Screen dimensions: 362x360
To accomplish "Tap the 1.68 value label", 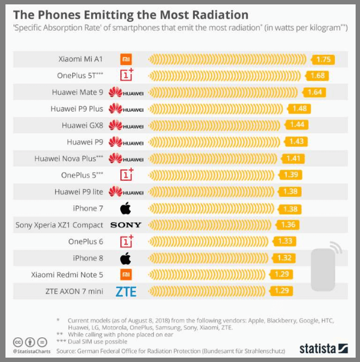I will (x=317, y=76).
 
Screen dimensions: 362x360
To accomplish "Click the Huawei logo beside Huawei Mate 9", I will (x=126, y=93).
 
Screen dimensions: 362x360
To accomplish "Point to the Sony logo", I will (x=126, y=225).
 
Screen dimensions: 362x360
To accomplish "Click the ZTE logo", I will (x=126, y=291).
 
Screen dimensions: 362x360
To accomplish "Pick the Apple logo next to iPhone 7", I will (x=126, y=208).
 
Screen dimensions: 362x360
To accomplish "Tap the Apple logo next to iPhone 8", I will (x=126, y=258).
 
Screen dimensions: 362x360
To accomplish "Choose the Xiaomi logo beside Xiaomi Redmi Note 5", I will (x=126, y=274).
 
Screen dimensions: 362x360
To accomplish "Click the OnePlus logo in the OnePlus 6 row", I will (x=126, y=241).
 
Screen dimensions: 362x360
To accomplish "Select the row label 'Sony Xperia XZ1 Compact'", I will (x=59, y=225).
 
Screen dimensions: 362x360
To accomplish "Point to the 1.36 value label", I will (x=288, y=225).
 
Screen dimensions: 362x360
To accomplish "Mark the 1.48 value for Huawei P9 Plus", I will (x=299, y=109).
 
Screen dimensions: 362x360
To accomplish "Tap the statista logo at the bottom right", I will (x=323, y=348).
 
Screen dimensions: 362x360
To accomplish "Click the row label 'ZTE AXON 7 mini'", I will (x=75, y=291).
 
